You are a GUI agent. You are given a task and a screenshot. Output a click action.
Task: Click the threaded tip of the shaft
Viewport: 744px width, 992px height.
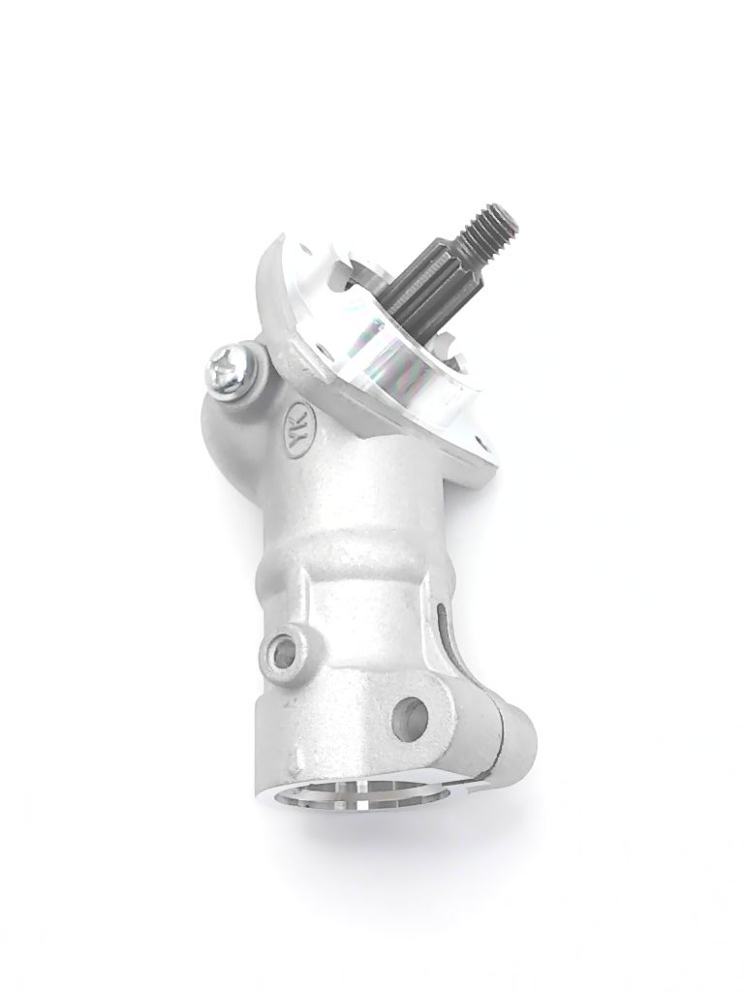[489, 234]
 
